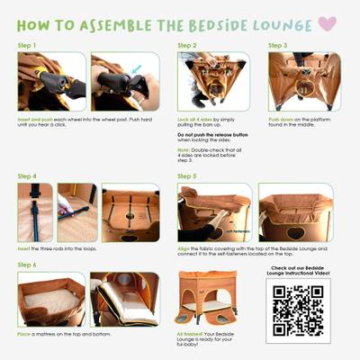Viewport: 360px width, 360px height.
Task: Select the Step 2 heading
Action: pyautogui.click(x=187, y=44)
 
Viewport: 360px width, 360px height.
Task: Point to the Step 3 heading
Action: pyautogui.click(x=277, y=44)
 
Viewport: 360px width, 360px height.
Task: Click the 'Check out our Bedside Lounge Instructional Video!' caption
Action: pyautogui.click(x=298, y=272)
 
